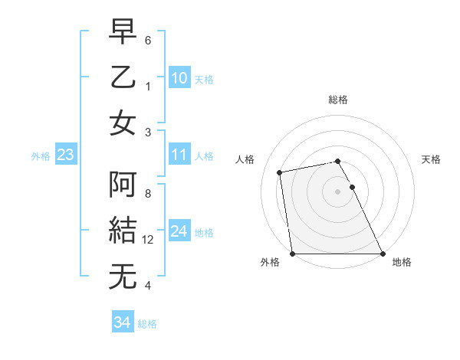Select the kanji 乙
pyautogui.click(x=123, y=79)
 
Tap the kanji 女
pyautogui.click(x=123, y=123)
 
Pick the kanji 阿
pyautogui.click(x=123, y=185)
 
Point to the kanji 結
pyautogui.click(x=123, y=231)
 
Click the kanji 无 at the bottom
pyautogui.click(x=123, y=276)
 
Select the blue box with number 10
pyautogui.click(x=179, y=78)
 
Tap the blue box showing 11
pyautogui.click(x=179, y=155)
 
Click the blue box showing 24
pyautogui.click(x=179, y=231)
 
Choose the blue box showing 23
pyautogui.click(x=66, y=155)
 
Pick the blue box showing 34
pyautogui.click(x=122, y=322)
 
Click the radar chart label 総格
pyautogui.click(x=338, y=100)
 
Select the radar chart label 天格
pyautogui.click(x=432, y=159)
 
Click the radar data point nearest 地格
pyautogui.click(x=383, y=254)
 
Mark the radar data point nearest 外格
pyautogui.click(x=292, y=254)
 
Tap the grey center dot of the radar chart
pyautogui.click(x=337, y=191)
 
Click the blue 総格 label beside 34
pyautogui.click(x=147, y=324)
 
